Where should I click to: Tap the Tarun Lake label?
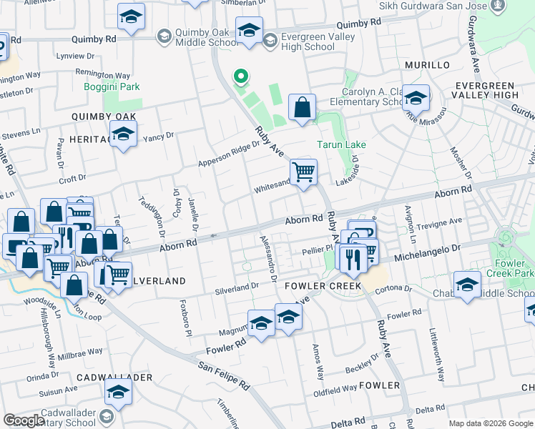[341, 144]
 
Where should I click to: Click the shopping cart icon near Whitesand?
[303, 172]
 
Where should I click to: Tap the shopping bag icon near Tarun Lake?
[303, 108]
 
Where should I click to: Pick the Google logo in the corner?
[24, 420]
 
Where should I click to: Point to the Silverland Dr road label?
[236, 288]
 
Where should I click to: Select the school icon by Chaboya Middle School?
[467, 285]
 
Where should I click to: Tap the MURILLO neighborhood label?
[427, 65]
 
